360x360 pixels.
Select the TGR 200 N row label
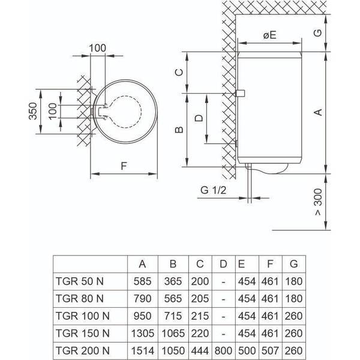click(81, 349)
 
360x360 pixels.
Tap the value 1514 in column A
click(142, 349)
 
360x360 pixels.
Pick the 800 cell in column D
click(223, 349)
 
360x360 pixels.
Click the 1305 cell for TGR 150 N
click(142, 332)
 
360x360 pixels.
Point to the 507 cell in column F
click(271, 349)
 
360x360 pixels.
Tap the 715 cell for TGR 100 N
click(172, 315)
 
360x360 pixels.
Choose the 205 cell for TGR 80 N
click(199, 298)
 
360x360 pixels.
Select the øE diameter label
click(269, 35)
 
